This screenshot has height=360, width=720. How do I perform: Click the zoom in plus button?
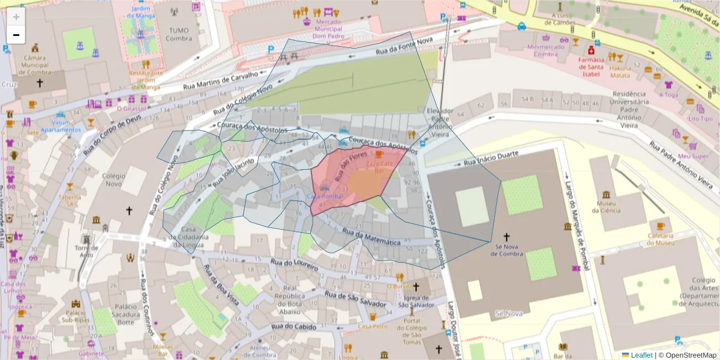[x=16, y=17]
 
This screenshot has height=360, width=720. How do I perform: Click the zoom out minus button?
[x=16, y=35]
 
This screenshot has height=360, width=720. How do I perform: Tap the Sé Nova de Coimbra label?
[x=506, y=250]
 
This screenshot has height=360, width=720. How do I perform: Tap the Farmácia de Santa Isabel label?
[x=590, y=67]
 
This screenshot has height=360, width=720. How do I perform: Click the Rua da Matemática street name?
[x=371, y=236]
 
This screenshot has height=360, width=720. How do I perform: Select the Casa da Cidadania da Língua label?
[x=186, y=237]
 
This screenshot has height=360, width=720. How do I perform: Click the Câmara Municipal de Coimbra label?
[x=35, y=65]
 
